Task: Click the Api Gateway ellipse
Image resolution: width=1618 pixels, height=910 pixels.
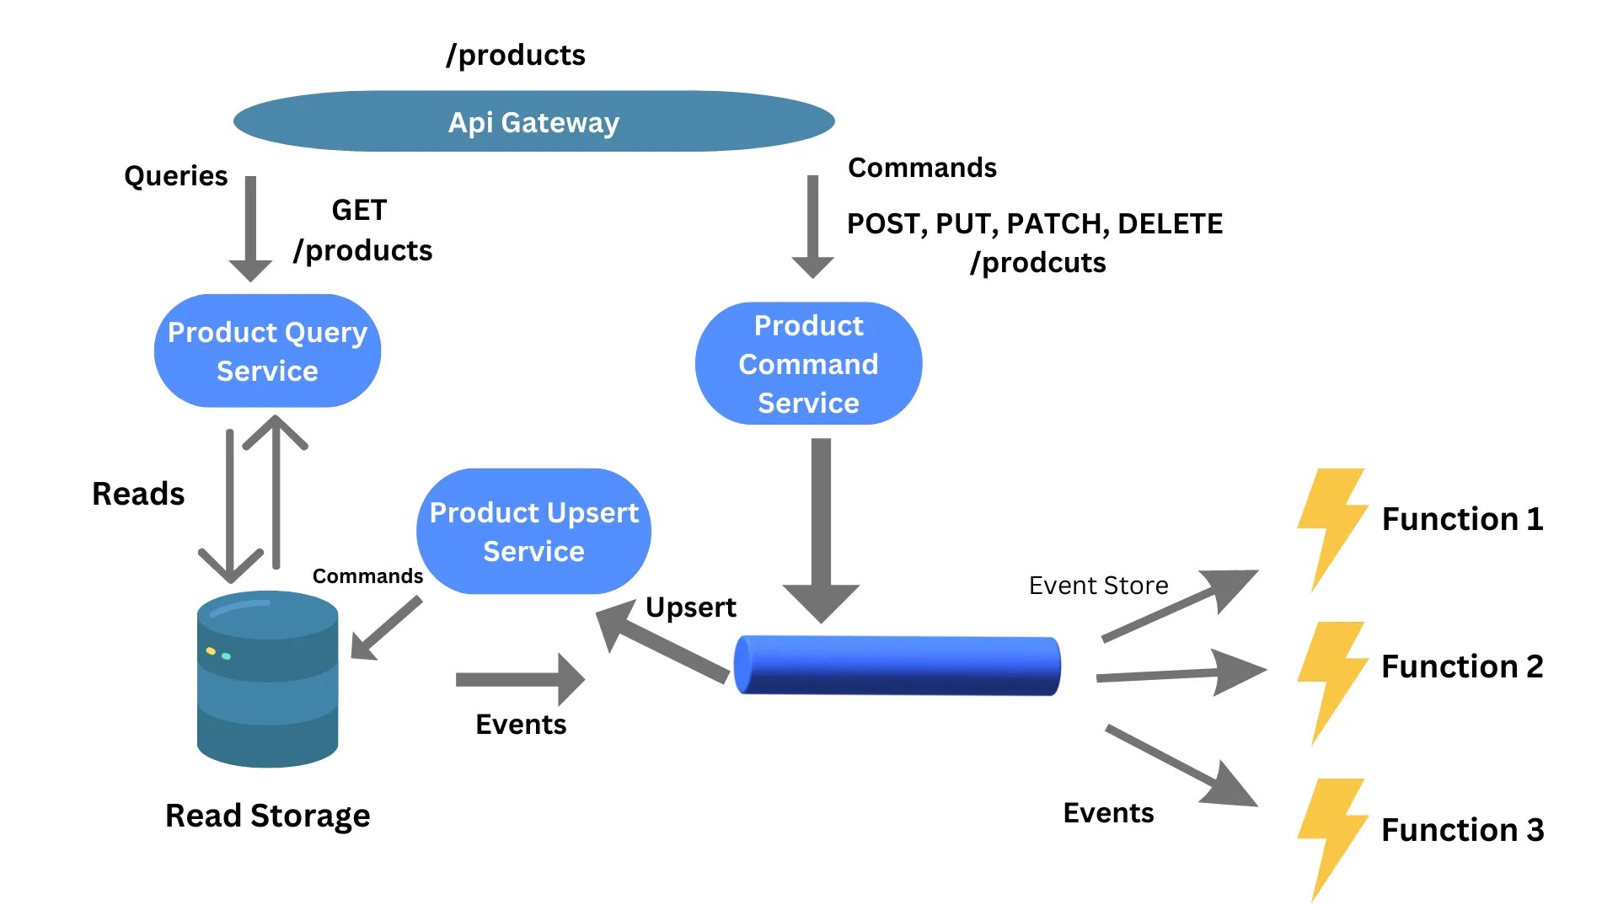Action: tap(533, 122)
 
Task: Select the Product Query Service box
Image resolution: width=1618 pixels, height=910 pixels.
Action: tap(267, 351)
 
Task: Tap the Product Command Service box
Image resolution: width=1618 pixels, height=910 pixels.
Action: tap(808, 364)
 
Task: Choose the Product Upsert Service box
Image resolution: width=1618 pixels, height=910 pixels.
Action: tap(533, 532)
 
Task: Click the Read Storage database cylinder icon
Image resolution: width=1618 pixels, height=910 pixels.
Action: tap(268, 679)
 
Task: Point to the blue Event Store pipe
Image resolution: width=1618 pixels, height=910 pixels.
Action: tap(897, 666)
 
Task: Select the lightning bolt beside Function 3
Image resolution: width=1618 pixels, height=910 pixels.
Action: tap(1330, 838)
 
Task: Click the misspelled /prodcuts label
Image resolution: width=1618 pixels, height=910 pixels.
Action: tap(1037, 263)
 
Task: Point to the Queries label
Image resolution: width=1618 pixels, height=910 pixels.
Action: tap(175, 176)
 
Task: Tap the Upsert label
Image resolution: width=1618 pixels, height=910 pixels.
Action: tap(690, 608)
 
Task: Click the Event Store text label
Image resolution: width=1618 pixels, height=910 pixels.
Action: tap(1098, 586)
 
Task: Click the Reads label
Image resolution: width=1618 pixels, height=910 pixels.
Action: tap(138, 494)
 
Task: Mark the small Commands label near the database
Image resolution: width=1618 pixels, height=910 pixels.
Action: tap(367, 576)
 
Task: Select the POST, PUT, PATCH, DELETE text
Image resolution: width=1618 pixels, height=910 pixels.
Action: tap(1034, 224)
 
